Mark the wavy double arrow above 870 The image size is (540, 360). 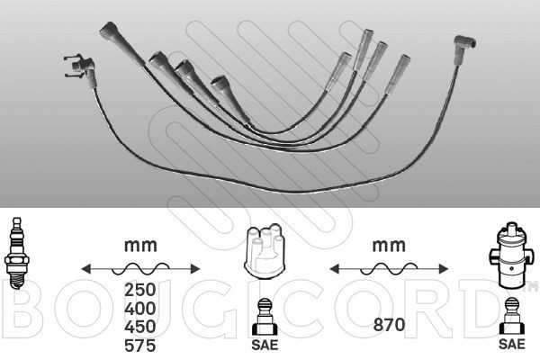387,268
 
